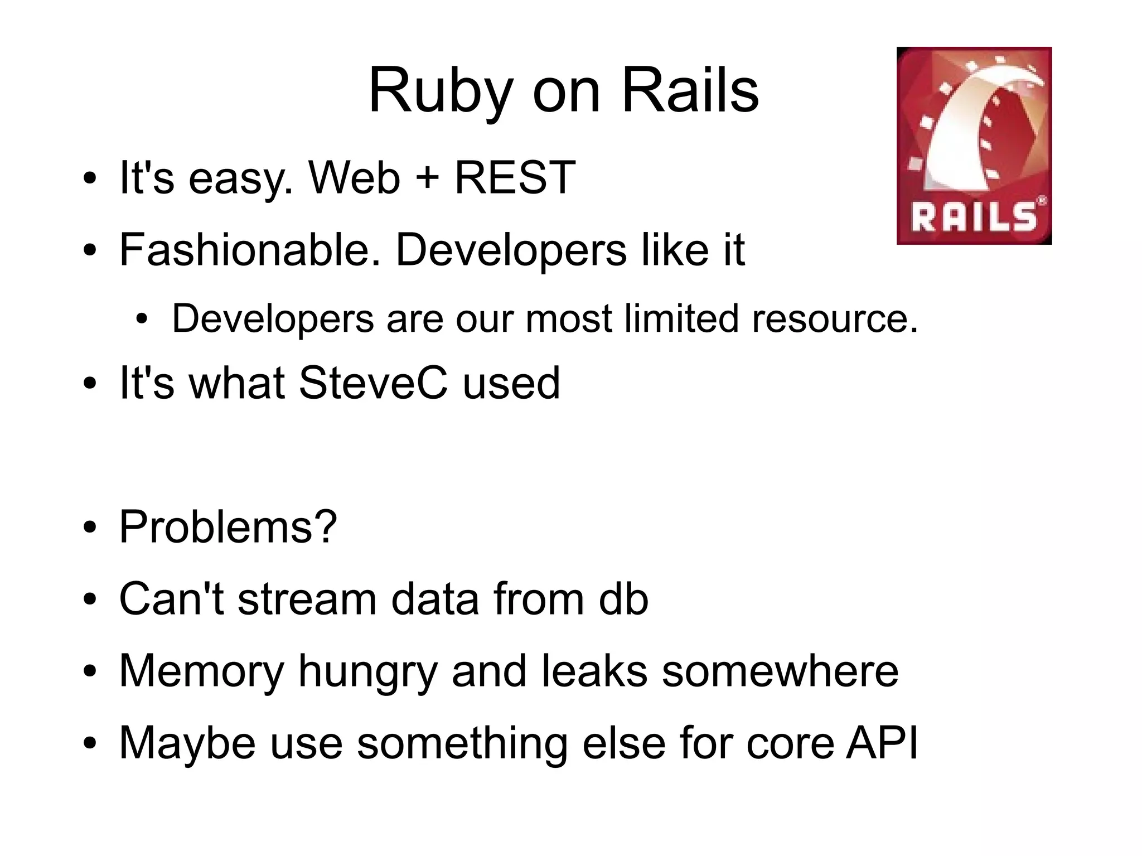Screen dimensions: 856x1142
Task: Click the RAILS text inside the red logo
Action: coord(974,217)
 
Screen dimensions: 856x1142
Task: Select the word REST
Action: coord(515,178)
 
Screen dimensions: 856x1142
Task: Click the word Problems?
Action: coord(228,527)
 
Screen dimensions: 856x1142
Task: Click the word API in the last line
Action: coord(882,743)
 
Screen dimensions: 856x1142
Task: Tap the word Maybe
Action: coord(187,744)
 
